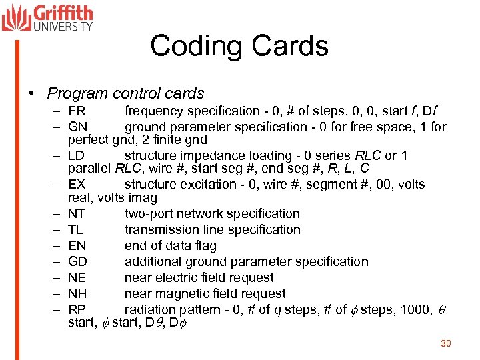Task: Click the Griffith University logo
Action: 47,17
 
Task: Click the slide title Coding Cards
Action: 239,46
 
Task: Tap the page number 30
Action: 446,343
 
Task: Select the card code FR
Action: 77,111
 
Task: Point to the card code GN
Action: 77,127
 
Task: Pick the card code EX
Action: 77,185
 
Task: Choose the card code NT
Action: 77,214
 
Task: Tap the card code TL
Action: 76,230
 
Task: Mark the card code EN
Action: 77,246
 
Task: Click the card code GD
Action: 77,262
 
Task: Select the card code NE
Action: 77,278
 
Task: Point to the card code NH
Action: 77,294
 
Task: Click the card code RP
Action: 77,310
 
